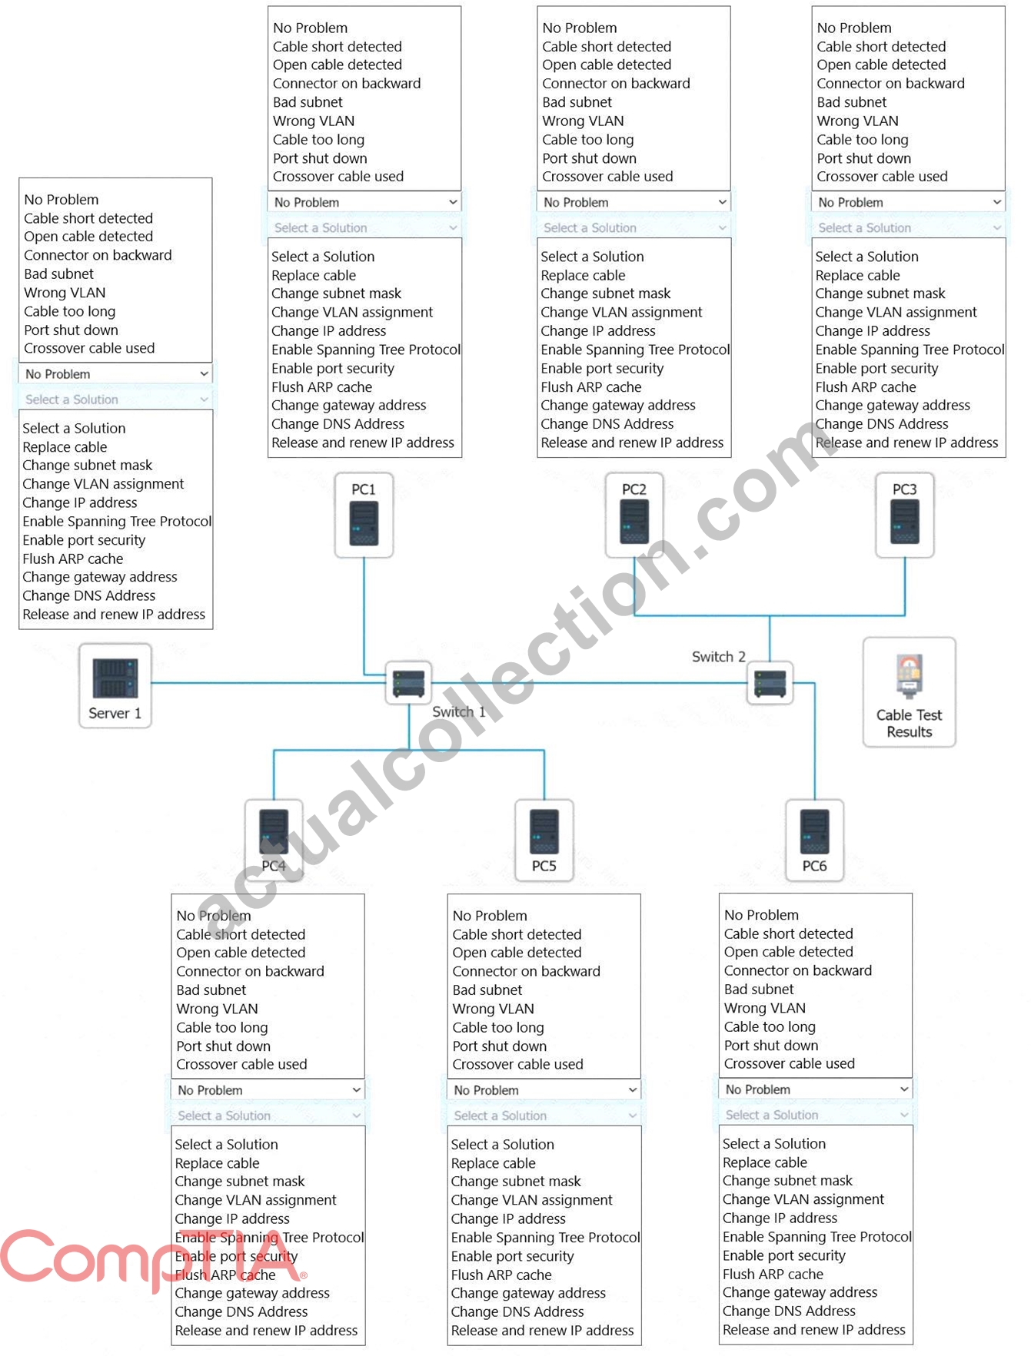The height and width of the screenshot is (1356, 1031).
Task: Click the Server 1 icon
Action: [115, 685]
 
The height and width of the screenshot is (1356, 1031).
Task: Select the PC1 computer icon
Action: [364, 515]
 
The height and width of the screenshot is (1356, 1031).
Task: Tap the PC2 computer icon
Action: [634, 515]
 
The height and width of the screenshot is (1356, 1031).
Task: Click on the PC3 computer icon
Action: [905, 515]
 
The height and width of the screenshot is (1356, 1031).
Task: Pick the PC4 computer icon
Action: [274, 840]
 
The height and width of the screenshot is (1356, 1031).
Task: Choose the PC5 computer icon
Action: [544, 840]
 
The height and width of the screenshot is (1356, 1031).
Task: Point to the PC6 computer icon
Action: [815, 840]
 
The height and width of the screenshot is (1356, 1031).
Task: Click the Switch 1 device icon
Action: [408, 683]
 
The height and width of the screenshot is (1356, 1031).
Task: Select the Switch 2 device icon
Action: [770, 683]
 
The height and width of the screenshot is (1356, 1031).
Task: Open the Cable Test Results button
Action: [910, 691]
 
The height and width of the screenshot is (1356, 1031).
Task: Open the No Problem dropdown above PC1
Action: [365, 202]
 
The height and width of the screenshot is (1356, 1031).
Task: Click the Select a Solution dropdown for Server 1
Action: [116, 400]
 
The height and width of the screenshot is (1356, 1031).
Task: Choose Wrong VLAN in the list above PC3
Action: [857, 121]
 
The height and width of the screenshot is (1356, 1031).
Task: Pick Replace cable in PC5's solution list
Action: [493, 1163]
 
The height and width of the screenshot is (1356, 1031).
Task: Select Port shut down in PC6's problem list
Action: [771, 1046]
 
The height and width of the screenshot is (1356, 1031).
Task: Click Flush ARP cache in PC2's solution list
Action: [590, 387]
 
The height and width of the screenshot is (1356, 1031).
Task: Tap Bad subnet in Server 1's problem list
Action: [58, 274]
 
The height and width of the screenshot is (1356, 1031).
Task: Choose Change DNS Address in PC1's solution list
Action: [338, 424]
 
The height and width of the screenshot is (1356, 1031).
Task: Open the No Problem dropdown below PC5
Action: [544, 1090]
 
